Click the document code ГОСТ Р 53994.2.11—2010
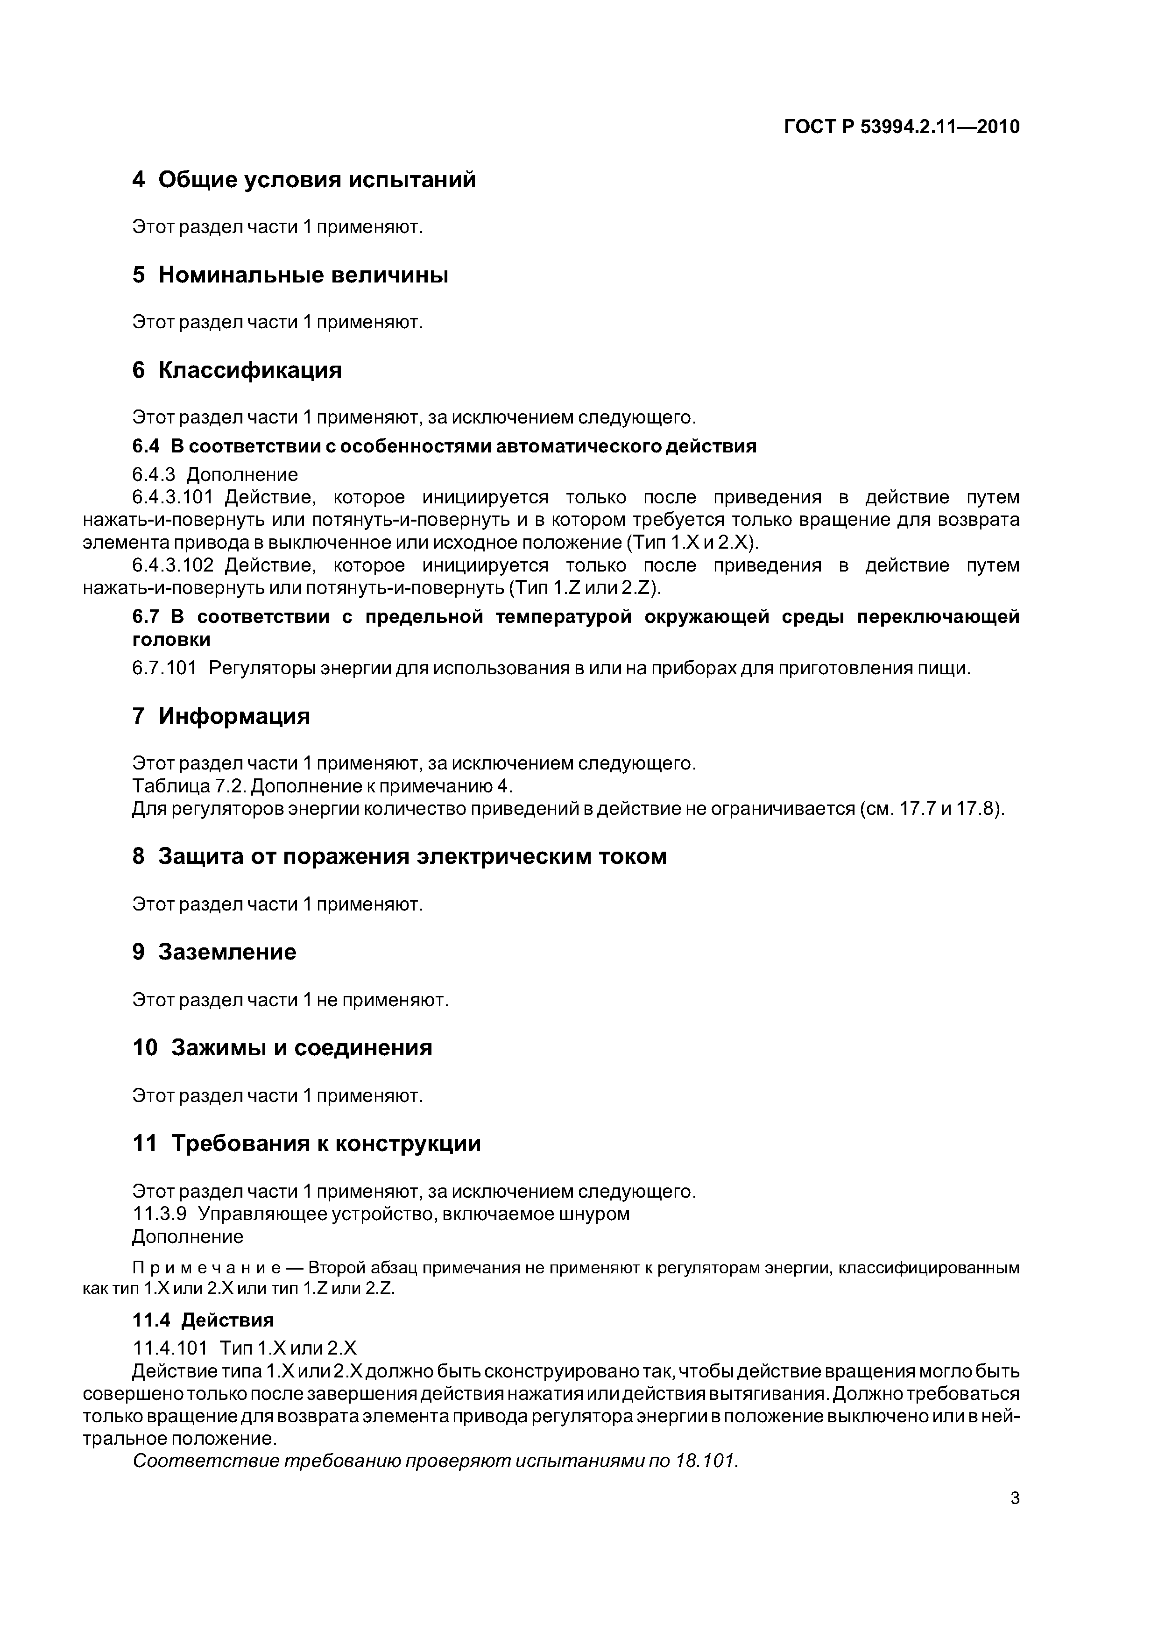point(902,127)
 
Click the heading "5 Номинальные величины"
point(290,275)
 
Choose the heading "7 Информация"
point(221,715)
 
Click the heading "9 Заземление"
point(214,952)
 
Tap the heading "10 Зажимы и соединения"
point(282,1047)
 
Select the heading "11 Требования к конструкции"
point(307,1144)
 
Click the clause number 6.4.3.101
point(173,497)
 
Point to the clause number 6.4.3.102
point(173,566)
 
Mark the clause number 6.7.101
point(164,669)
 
